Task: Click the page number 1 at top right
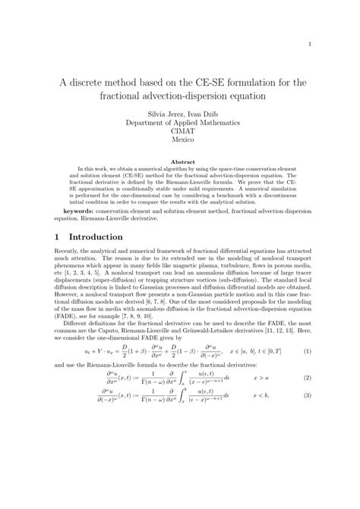(311, 44)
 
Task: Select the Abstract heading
(180, 162)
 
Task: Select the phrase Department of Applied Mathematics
(180, 122)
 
